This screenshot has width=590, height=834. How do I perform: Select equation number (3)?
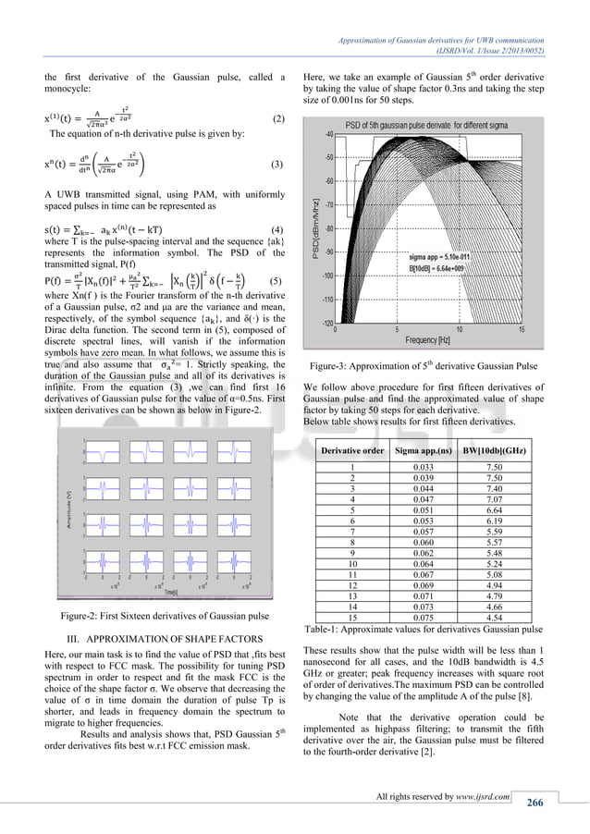click(x=277, y=164)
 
